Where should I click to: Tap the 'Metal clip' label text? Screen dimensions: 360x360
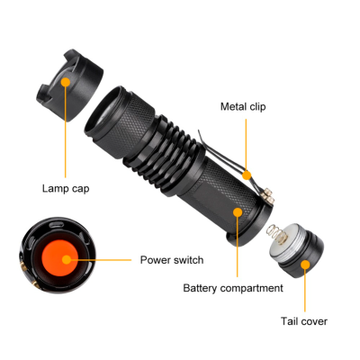tap(243, 106)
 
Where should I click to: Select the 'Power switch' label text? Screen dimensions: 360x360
tap(171, 260)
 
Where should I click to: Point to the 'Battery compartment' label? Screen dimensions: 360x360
tap(233, 288)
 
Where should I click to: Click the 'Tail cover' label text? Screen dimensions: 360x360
tap(304, 320)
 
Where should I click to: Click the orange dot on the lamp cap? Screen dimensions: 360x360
tap(66, 82)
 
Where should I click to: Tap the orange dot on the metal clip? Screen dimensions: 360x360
tap(246, 173)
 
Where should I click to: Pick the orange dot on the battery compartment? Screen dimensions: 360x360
tap(237, 212)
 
